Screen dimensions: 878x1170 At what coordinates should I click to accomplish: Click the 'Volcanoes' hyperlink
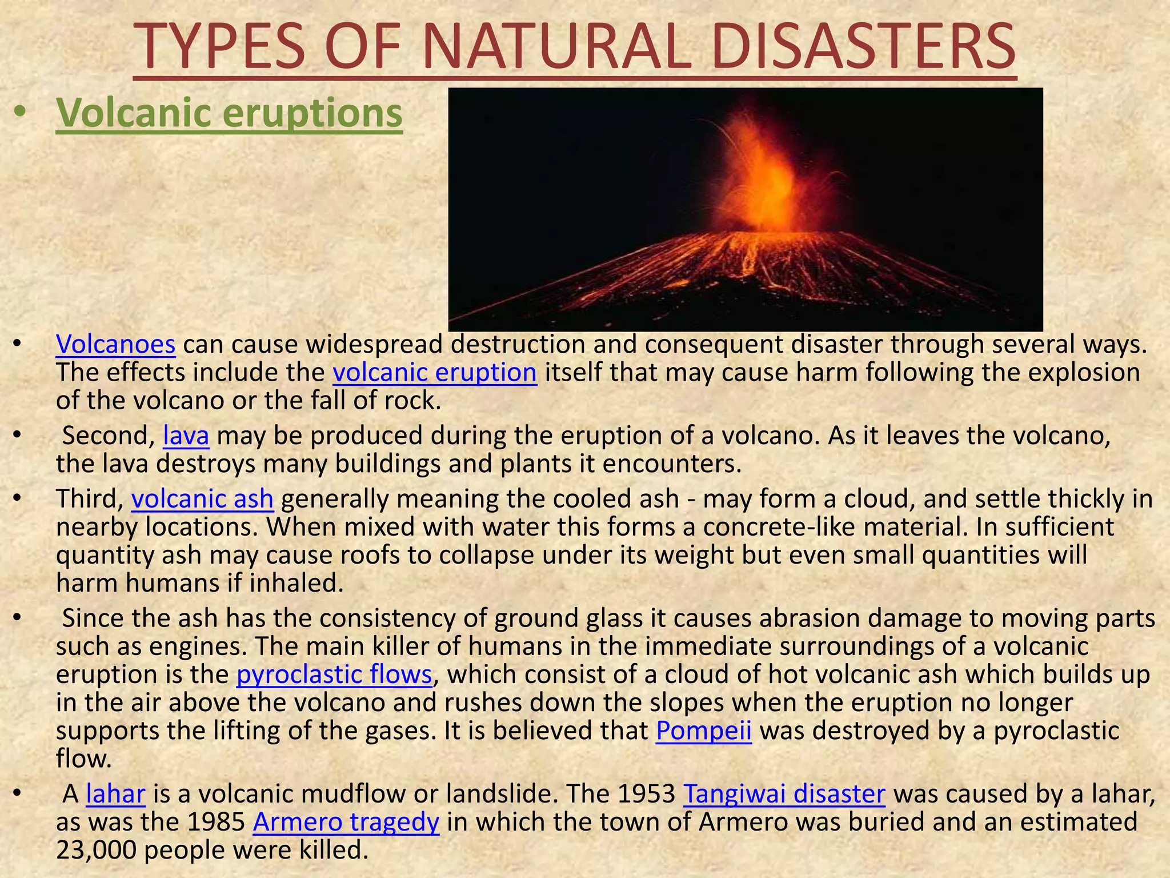pyautogui.click(x=115, y=345)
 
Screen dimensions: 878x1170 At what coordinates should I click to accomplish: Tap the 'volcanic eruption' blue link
pyautogui.click(x=435, y=373)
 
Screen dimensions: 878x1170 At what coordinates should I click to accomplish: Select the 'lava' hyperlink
pyautogui.click(x=186, y=436)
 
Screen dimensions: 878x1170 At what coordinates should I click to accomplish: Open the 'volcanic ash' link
pyautogui.click(x=202, y=499)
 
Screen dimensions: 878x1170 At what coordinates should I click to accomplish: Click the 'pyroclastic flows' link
pyautogui.click(x=334, y=675)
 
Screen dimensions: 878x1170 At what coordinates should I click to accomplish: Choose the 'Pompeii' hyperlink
pyautogui.click(x=703, y=731)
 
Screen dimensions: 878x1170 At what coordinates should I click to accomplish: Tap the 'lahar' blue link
pyautogui.click(x=116, y=794)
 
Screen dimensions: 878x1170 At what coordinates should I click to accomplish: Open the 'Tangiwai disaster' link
pyautogui.click(x=784, y=794)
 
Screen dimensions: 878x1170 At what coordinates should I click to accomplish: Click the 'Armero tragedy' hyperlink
pyautogui.click(x=346, y=822)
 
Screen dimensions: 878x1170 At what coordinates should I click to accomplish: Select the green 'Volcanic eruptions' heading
pyautogui.click(x=229, y=113)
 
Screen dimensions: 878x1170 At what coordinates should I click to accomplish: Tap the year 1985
pyautogui.click(x=217, y=822)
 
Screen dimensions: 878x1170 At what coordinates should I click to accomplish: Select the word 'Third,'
pyautogui.click(x=90, y=499)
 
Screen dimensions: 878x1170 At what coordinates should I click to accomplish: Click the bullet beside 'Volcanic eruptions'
pyautogui.click(x=20, y=113)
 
